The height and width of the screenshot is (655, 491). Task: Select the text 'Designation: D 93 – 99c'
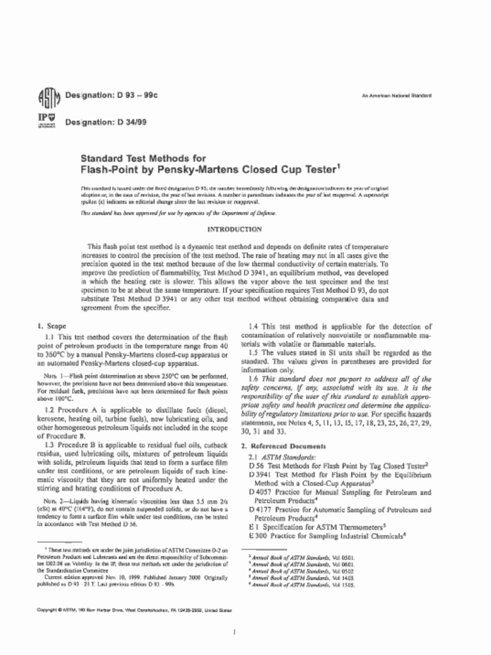tap(111, 95)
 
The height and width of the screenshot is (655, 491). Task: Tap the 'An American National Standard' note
tap(396, 95)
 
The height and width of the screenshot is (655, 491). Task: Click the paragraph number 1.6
tap(254, 379)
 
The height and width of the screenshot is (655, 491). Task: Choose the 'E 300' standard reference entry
tap(256, 535)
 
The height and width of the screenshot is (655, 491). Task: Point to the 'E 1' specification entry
tap(253, 526)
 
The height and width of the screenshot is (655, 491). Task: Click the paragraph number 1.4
tap(254, 326)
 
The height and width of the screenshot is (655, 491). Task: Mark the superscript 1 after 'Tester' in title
tap(339, 166)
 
